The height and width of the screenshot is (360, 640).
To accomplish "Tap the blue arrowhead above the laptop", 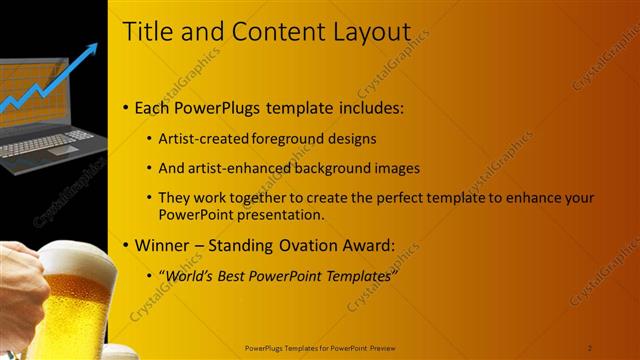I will click(91, 49).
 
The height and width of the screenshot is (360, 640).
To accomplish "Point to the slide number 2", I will click(590, 347).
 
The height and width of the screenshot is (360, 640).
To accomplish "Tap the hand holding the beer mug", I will click(20, 290).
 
